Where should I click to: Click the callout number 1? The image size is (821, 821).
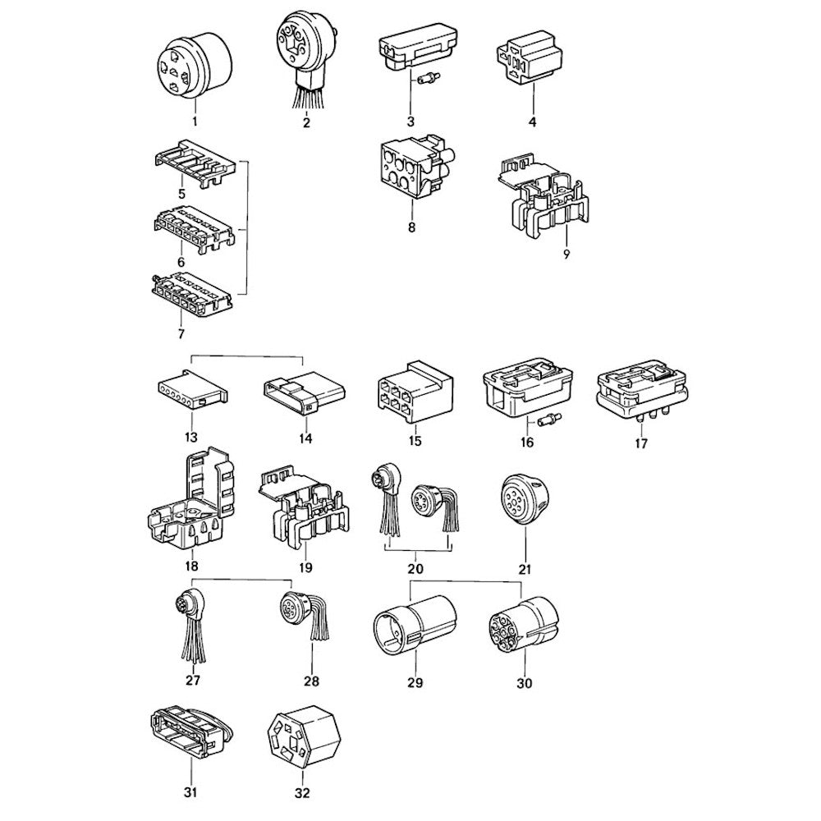(195, 122)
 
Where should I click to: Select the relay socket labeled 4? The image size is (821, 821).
(529, 57)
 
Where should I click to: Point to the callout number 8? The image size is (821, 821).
(411, 227)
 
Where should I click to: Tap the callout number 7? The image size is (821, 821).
(181, 333)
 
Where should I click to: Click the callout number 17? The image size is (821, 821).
(641, 443)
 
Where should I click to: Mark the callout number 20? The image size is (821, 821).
(415, 568)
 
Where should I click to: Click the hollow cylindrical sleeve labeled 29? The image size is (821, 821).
(415, 624)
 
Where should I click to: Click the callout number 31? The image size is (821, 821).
(191, 793)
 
